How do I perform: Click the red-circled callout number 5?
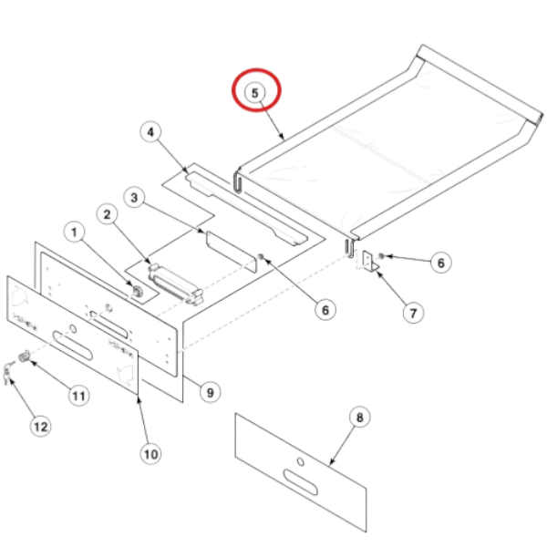click(x=255, y=91)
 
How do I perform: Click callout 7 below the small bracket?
click(x=414, y=312)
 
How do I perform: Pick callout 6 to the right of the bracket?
click(x=439, y=263)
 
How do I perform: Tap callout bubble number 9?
click(x=210, y=393)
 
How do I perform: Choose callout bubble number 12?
click(x=41, y=425)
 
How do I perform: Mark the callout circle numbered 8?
click(x=358, y=418)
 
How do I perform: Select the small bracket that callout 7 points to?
click(x=367, y=262)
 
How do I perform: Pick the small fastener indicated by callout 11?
click(x=27, y=356)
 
